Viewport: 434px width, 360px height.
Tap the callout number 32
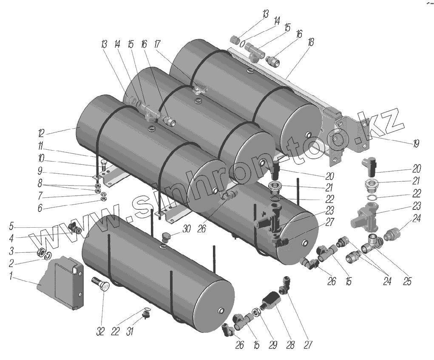100,331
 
